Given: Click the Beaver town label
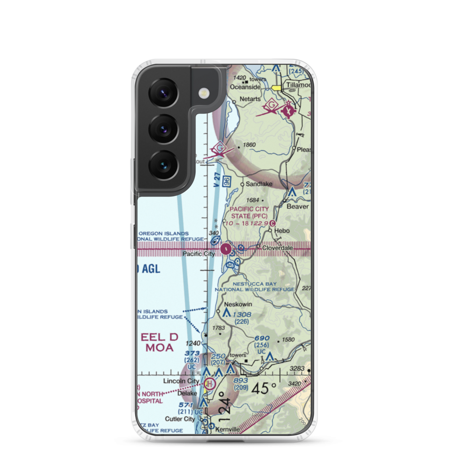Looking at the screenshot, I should (x=298, y=206).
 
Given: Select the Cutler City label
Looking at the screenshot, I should (x=180, y=419).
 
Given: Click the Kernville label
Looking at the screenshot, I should (x=226, y=428).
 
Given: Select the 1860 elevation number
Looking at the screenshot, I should (x=250, y=145).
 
